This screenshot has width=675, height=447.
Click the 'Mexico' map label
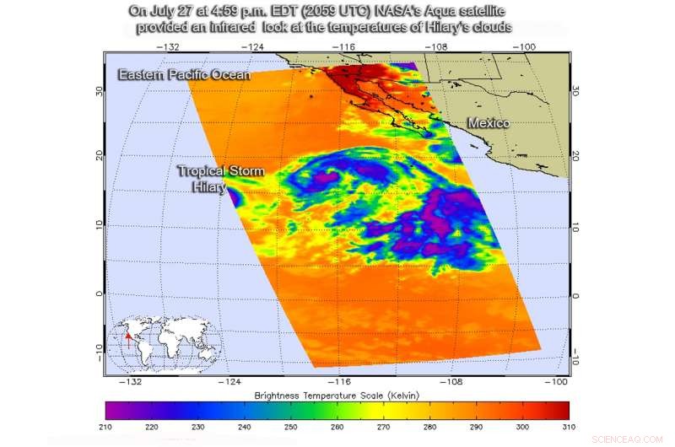(x=489, y=124)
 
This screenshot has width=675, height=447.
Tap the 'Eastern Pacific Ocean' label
(x=184, y=75)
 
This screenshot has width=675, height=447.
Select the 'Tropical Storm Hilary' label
(x=220, y=179)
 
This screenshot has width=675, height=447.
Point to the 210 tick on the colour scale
(x=107, y=428)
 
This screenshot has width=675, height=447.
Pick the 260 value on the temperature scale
(x=337, y=428)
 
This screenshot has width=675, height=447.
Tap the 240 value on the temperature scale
(x=245, y=428)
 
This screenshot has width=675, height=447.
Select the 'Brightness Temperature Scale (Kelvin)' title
(x=337, y=395)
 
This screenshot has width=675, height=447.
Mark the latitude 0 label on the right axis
(x=576, y=295)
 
